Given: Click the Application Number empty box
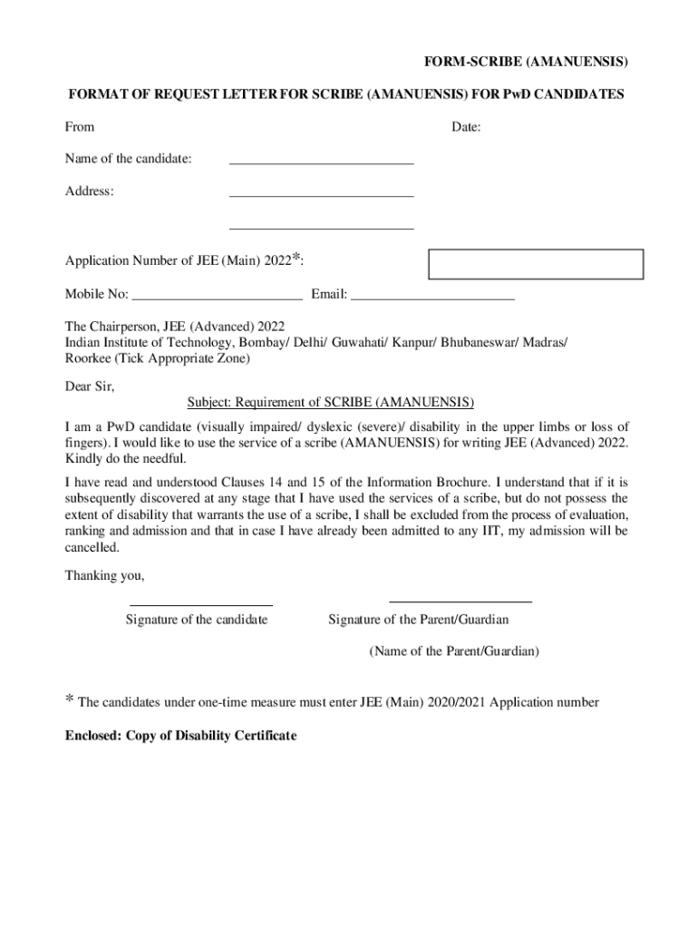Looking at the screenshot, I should pos(535,263).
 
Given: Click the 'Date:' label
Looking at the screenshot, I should pos(466,127).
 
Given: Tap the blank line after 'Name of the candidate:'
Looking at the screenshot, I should pos(321,162).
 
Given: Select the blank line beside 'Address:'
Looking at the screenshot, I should pos(321,195).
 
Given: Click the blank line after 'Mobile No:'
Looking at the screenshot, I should pos(217,297).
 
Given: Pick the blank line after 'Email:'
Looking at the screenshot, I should pos(432,297).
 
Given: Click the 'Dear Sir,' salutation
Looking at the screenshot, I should pos(90,386).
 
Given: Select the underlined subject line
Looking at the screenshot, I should pos(331,401).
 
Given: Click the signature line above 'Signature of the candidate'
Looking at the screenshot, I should pos(201,604).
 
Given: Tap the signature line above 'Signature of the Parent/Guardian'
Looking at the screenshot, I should pos(460,601).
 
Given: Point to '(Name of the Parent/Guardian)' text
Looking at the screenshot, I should pos(454,651).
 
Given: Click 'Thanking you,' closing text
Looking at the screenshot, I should pos(104,575).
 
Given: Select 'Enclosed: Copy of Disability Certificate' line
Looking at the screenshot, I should pos(180,735).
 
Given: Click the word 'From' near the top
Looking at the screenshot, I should pos(79,127).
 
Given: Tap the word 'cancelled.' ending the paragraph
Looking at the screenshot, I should pos(92,548).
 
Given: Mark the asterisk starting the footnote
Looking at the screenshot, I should pos(69,699).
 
